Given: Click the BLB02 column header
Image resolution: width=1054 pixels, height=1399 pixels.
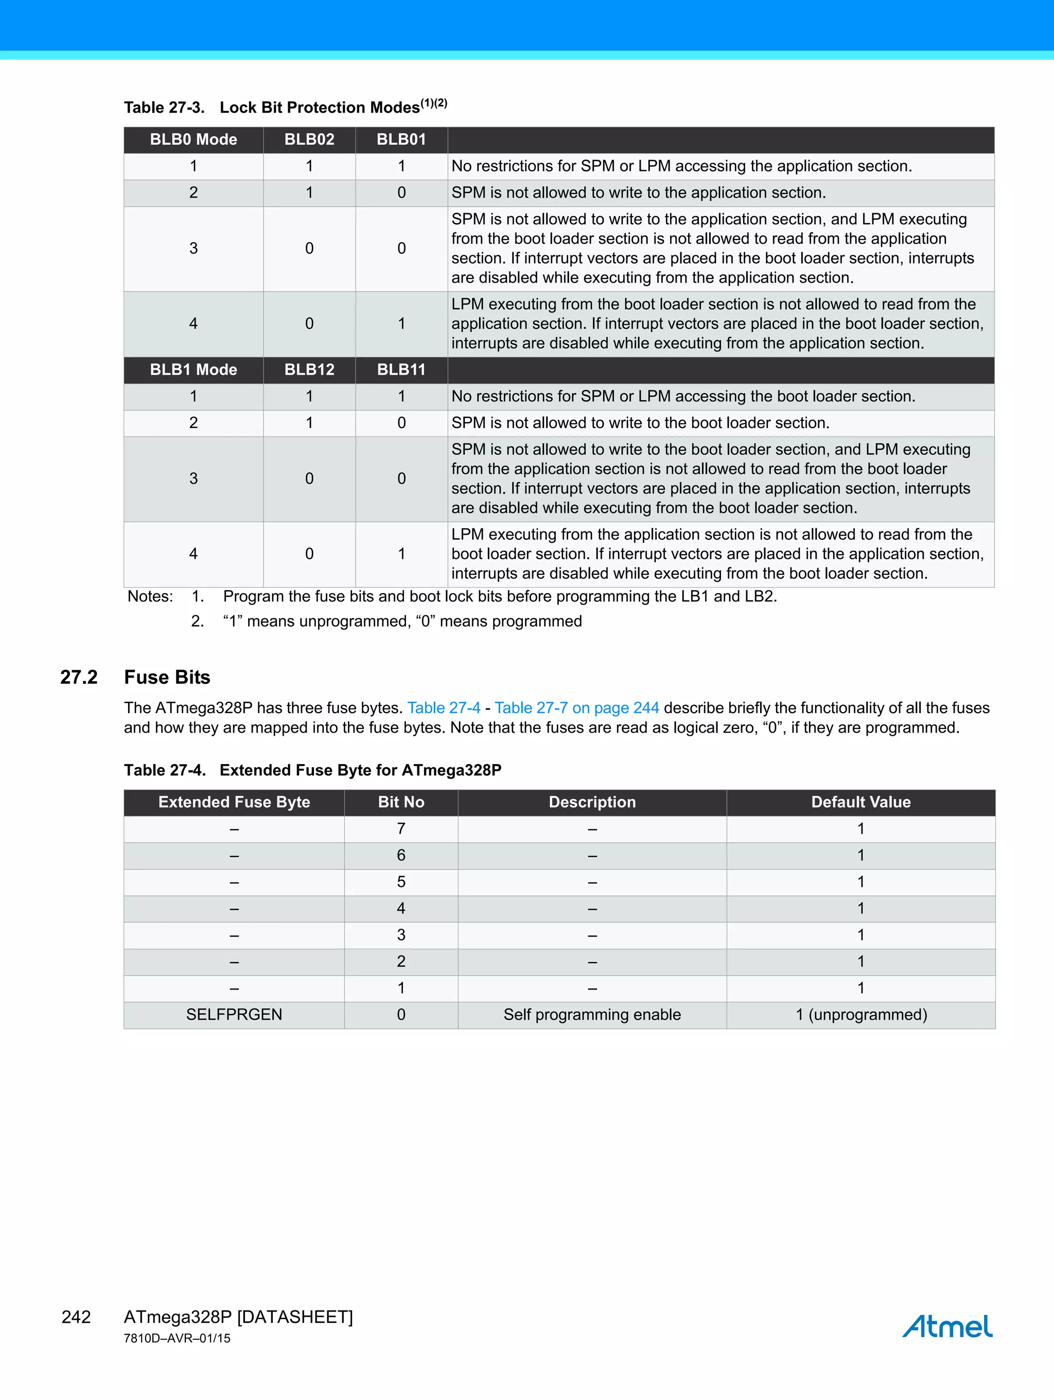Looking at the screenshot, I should [309, 140].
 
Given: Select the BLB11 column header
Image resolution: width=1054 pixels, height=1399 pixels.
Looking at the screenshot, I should [401, 370].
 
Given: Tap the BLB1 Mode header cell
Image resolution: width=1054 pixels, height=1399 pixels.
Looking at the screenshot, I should [193, 370].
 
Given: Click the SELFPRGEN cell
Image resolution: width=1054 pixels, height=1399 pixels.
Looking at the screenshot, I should [234, 1015].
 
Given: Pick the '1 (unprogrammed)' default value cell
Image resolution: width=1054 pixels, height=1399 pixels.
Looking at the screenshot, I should [860, 1015].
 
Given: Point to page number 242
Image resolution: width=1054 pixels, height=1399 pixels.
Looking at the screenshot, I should [76, 1317].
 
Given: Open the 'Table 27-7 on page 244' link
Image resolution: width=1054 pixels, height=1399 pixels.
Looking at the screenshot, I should [576, 707].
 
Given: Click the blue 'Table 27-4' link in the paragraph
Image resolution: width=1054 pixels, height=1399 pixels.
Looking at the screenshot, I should [444, 707].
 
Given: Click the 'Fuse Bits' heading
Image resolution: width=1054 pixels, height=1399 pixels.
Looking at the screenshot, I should [167, 677].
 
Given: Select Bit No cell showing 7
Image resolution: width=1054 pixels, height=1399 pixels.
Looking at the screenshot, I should [401, 828].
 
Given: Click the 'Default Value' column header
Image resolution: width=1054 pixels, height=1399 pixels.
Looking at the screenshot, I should [860, 802].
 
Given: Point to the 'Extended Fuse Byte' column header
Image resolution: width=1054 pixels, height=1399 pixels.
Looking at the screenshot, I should [234, 802].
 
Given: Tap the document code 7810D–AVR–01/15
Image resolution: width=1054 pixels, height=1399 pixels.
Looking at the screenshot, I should [177, 1338].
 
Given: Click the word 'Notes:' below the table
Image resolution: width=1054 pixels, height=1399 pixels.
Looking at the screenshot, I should [150, 596].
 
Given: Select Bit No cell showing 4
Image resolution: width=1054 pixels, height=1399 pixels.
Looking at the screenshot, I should [401, 908].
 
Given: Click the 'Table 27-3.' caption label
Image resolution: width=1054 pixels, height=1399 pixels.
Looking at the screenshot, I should [164, 108].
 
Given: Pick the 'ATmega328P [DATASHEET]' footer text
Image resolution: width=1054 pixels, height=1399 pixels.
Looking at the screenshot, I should [238, 1317].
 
